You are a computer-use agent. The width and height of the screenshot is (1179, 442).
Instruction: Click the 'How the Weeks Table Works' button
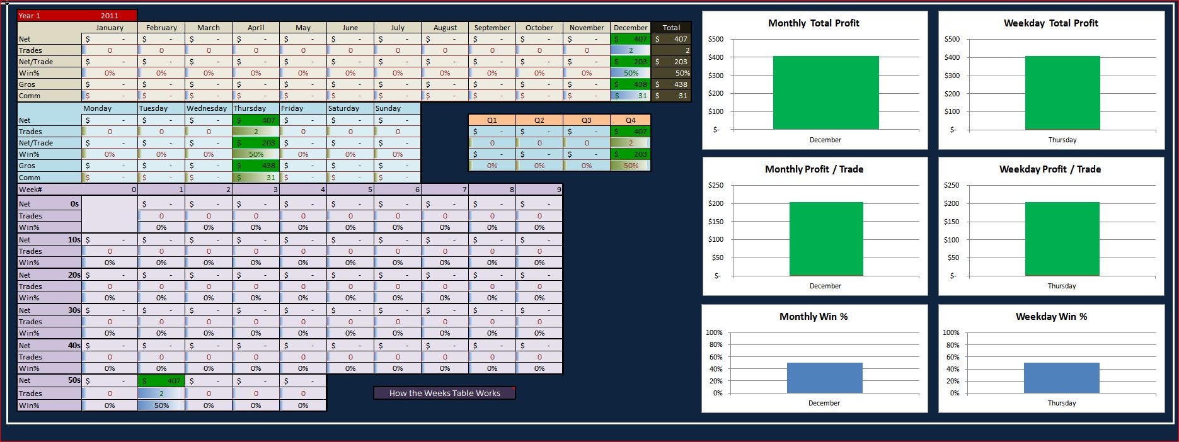(x=444, y=393)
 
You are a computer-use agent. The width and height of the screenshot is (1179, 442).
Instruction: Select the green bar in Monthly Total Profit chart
(x=825, y=93)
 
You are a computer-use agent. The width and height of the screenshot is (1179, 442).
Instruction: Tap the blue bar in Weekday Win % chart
(x=1061, y=378)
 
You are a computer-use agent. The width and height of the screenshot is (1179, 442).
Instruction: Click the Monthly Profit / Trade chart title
(x=814, y=169)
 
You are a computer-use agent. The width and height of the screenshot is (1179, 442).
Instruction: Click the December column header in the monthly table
(x=630, y=28)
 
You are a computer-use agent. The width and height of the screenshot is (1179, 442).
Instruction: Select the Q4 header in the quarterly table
(x=630, y=120)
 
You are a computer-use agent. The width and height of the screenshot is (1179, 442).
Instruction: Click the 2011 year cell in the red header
(x=109, y=16)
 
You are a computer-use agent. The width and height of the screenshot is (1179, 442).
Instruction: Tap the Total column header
(x=671, y=28)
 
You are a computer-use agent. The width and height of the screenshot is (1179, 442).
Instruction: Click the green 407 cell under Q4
(x=630, y=132)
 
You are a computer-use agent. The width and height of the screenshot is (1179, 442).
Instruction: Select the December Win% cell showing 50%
(x=630, y=73)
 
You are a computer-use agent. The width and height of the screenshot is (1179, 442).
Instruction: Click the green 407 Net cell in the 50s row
(x=161, y=381)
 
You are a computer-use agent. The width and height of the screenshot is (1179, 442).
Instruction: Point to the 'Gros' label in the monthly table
(x=27, y=84)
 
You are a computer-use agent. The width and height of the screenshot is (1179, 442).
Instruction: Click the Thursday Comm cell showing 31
(x=256, y=178)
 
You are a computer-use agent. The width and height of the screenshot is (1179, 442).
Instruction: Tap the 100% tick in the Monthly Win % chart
(x=714, y=332)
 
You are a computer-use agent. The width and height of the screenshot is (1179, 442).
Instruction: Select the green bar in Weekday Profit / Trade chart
(x=1062, y=239)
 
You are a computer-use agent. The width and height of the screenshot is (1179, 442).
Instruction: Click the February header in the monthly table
(x=161, y=28)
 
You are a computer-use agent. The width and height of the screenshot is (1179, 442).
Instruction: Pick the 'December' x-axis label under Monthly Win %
(x=824, y=403)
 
